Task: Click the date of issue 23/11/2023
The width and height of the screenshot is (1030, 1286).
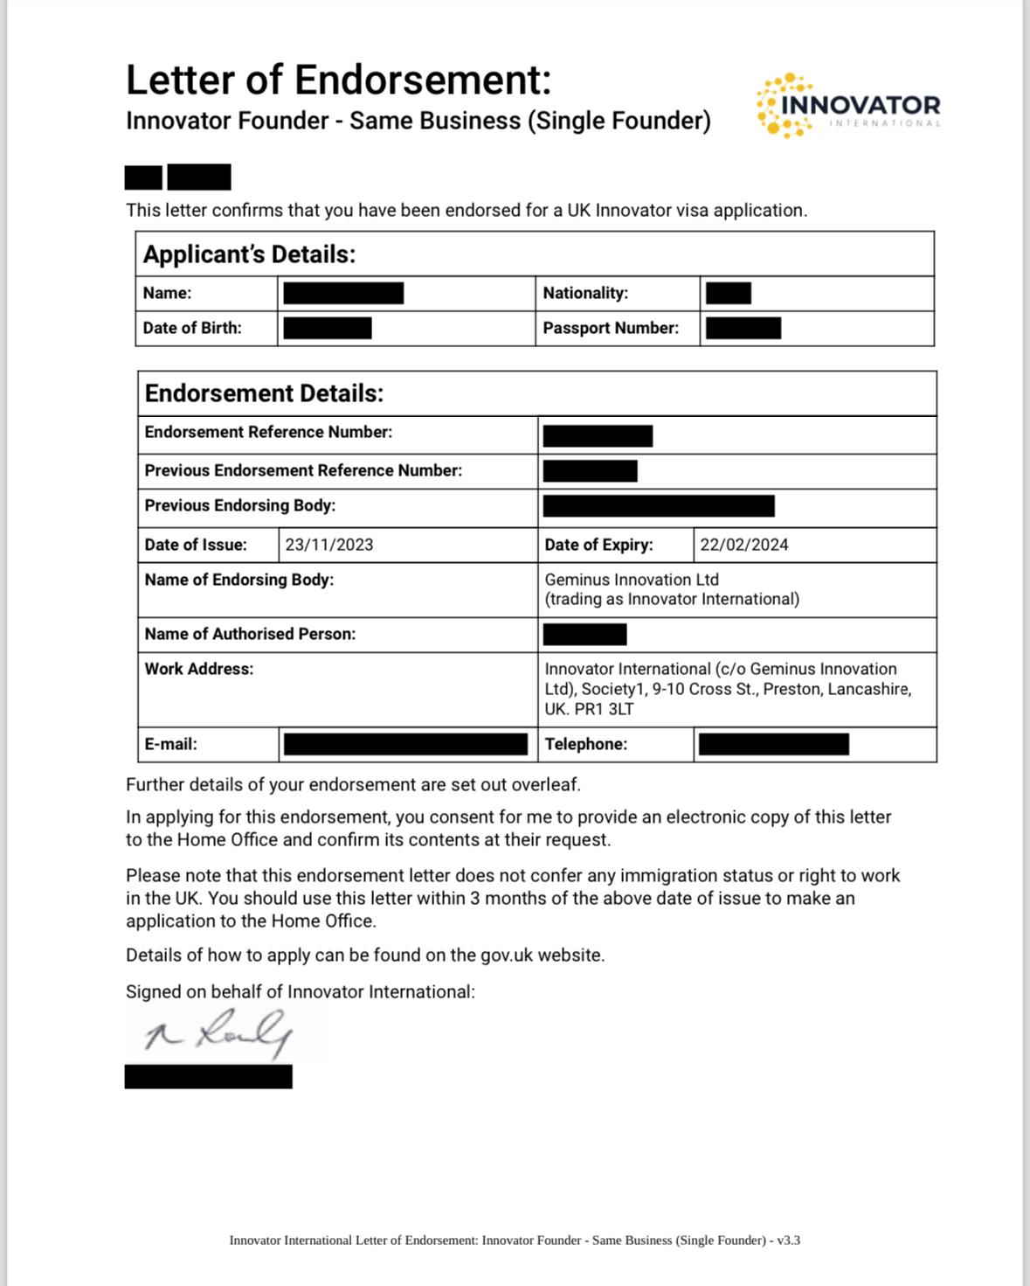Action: (329, 545)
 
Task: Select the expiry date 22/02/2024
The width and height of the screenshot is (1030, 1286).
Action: (744, 545)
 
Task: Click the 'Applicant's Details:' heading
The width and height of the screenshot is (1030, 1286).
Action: (249, 254)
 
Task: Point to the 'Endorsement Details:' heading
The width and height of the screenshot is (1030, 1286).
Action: (264, 393)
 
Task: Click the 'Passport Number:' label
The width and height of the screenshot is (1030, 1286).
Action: (611, 329)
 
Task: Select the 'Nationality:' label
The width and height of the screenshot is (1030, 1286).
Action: (585, 294)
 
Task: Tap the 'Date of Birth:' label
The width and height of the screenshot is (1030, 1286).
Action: (192, 329)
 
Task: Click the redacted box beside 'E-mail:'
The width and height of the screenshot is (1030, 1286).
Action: (405, 745)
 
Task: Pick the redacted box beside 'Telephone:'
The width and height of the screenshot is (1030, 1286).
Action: (773, 745)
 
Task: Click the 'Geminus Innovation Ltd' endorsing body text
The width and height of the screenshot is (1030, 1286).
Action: (632, 580)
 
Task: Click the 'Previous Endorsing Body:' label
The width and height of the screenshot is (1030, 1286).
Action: (240, 506)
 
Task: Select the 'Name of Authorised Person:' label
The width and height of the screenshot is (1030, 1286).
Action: (250, 635)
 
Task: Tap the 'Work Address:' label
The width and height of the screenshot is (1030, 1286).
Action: (199, 670)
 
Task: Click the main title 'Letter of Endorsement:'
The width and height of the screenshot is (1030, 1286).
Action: (339, 80)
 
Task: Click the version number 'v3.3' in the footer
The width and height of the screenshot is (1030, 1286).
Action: (789, 1241)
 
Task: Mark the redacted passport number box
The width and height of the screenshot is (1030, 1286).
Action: (743, 329)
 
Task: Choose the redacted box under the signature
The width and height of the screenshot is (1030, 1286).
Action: (208, 1077)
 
